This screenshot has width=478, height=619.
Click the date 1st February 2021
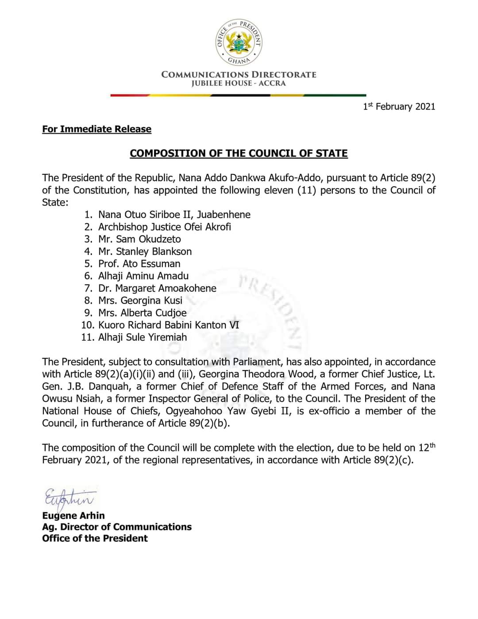click(x=399, y=107)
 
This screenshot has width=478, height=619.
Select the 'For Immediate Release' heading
click(x=96, y=129)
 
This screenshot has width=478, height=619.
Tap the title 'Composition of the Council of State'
click(x=239, y=153)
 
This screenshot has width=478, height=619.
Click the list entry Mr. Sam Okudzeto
click(x=139, y=239)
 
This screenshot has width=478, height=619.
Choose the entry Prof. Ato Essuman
click(x=139, y=264)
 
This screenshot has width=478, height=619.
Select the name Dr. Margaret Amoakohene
click(x=157, y=288)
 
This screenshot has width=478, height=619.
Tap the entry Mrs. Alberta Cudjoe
click(x=142, y=313)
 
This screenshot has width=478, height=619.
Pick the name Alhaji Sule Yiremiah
click(x=143, y=337)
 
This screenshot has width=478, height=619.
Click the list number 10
click(x=87, y=325)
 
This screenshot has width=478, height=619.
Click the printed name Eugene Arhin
click(x=73, y=515)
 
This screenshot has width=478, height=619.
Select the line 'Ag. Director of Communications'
click(x=117, y=527)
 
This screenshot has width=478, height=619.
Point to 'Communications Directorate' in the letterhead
click(x=239, y=74)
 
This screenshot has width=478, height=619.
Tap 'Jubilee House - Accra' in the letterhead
click(x=239, y=83)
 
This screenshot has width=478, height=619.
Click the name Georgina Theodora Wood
click(x=256, y=374)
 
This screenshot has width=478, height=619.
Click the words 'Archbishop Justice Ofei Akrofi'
click(x=165, y=227)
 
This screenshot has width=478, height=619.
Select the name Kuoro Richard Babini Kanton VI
click(x=169, y=325)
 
